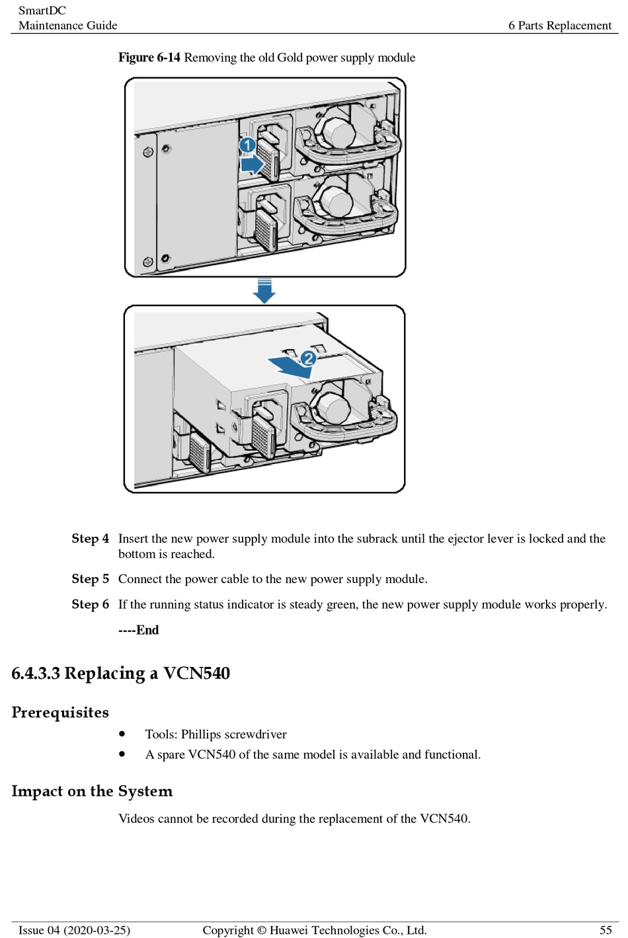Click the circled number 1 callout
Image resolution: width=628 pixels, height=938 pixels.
coord(247,145)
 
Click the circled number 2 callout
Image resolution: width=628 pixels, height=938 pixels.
coord(308,358)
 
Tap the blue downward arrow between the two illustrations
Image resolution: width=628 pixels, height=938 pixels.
coord(264,291)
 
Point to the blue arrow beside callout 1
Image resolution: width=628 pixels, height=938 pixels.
coord(252,163)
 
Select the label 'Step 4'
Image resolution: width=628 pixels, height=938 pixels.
coord(90,539)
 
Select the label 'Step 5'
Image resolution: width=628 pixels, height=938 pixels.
coord(90,579)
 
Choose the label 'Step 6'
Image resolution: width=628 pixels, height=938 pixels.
coord(90,604)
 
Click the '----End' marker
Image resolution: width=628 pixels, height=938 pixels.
coord(139,630)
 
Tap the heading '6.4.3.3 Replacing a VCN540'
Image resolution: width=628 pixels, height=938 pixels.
coord(121,674)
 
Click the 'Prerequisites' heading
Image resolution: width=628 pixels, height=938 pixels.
coord(60,713)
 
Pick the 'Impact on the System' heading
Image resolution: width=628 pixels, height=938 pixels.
coord(92,791)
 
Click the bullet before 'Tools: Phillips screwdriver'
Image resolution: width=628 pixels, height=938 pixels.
coord(122,734)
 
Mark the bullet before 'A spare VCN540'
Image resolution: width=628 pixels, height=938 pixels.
coord(122,754)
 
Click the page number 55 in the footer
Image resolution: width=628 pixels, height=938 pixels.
coord(606,930)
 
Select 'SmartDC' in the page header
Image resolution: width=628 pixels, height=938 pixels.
coord(42,11)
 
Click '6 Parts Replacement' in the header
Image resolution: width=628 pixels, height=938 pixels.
coord(560,25)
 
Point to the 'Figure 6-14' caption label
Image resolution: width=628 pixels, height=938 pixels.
coord(149,58)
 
